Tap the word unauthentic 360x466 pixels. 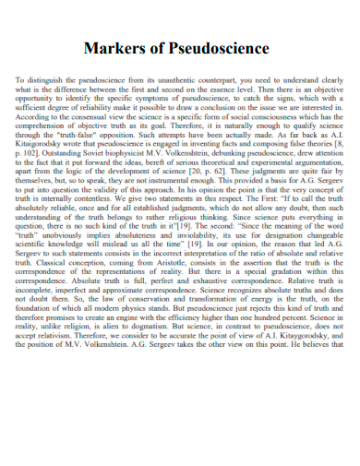coord(178,80)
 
